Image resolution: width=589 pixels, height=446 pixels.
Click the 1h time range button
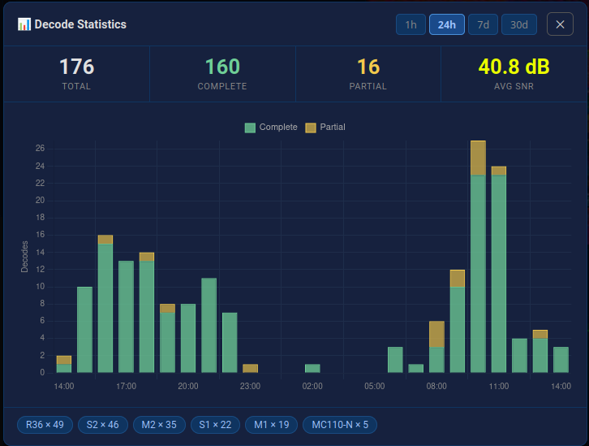[x=411, y=24]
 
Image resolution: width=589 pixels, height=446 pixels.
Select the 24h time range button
[x=446, y=24]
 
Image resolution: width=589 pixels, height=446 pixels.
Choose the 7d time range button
[x=483, y=24]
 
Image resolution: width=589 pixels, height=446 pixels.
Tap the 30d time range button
[x=519, y=24]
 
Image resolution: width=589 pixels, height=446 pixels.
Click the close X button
[x=560, y=24]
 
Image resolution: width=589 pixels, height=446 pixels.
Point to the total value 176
[x=76, y=67]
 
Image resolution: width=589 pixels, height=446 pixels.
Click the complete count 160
[x=222, y=67]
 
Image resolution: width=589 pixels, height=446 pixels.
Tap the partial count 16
[x=368, y=67]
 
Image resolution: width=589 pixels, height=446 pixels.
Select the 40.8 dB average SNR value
[x=514, y=67]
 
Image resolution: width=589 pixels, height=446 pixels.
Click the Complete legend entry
[x=270, y=128]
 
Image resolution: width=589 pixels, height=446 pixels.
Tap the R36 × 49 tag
[x=45, y=425]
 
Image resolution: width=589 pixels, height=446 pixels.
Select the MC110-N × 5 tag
[x=340, y=425]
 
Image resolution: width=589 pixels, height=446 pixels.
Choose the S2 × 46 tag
[x=103, y=425]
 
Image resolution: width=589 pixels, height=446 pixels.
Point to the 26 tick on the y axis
[x=40, y=149]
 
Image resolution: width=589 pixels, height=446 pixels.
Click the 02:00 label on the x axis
[x=312, y=386]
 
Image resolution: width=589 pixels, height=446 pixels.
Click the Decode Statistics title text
[x=80, y=24]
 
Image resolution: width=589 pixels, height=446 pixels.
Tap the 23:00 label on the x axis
[x=250, y=386]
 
